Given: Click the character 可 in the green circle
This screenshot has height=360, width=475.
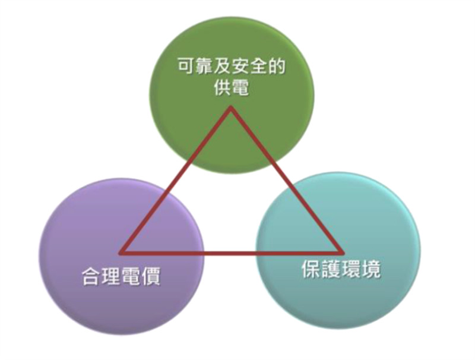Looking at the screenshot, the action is pos(186,67).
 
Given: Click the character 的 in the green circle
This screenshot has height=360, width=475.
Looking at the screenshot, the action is pos(277,67).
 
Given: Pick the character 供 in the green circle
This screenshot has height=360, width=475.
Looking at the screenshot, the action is pos(222,88).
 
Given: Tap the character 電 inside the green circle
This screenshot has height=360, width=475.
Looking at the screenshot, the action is pos(240,88).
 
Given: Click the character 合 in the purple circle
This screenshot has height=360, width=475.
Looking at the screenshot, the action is pos(91,276).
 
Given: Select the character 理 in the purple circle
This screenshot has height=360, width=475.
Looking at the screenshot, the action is pos(110,276).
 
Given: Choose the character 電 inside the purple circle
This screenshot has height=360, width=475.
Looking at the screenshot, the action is pos(130,276).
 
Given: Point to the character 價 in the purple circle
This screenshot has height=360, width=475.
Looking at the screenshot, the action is pos(150,276).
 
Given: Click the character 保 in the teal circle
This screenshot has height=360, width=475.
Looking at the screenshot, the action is pos(311,269).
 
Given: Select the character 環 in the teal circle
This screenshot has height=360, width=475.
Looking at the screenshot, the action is pos(351,269).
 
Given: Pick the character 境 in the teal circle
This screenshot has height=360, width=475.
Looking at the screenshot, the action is pos(371,269).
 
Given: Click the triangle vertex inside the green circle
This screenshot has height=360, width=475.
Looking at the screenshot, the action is pos(231,107).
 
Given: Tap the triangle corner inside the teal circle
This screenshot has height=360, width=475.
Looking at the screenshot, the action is pos(344,252).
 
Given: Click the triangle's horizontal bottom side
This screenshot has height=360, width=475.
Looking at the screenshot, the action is pos(232,252).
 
